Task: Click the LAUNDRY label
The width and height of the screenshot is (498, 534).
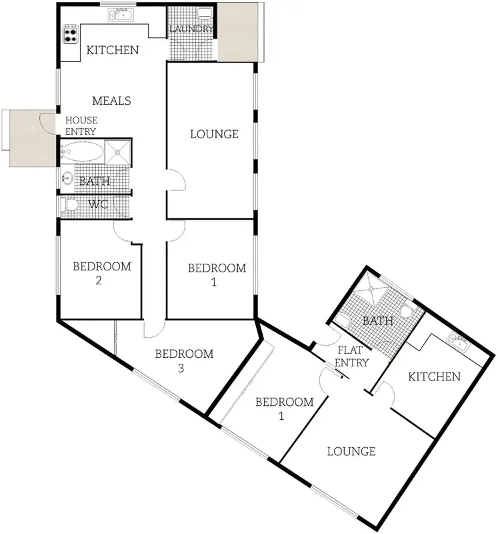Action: tap(191, 29)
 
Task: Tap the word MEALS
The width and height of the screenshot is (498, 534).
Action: tap(111, 101)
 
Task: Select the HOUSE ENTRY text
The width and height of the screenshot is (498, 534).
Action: tap(81, 125)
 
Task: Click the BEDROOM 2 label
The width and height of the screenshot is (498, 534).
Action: tap(101, 273)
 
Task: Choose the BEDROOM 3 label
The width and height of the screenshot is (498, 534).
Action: tap(184, 360)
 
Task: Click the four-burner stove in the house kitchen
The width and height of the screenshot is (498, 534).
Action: tap(71, 33)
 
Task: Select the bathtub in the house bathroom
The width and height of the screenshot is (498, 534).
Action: tap(82, 152)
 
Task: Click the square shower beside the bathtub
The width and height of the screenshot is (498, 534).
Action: tap(118, 152)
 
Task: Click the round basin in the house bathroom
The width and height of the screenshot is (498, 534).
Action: tap(67, 178)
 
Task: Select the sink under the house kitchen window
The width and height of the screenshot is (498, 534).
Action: tap(122, 15)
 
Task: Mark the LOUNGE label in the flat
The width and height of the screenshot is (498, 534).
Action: tap(351, 451)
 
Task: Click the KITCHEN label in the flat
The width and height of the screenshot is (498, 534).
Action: tap(434, 376)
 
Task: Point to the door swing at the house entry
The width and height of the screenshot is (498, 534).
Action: tap(47, 122)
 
